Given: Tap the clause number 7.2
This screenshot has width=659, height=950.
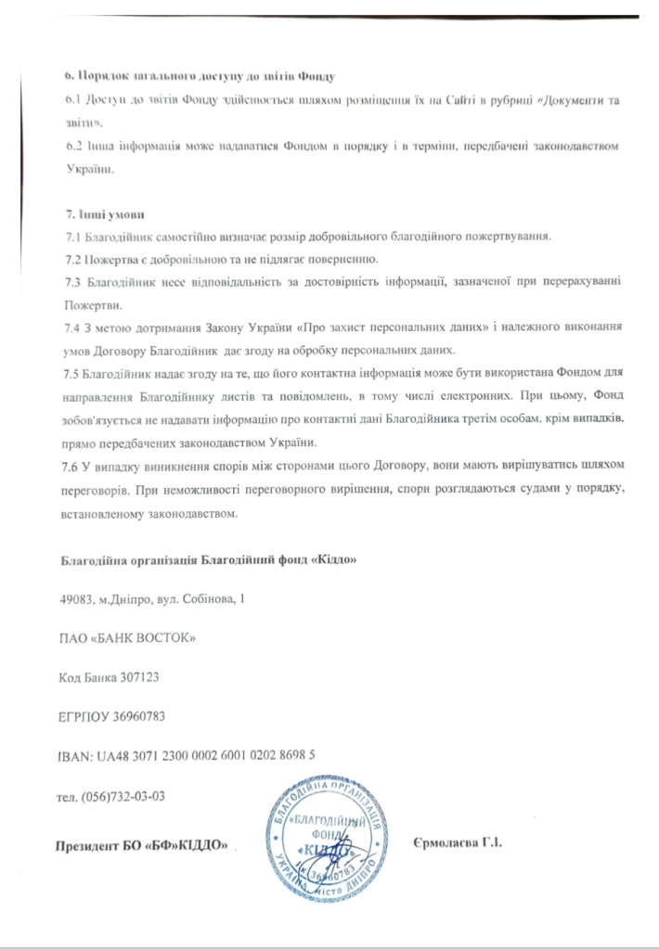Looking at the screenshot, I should coord(68,257).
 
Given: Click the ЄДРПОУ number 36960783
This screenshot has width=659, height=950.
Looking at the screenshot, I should coord(136,716).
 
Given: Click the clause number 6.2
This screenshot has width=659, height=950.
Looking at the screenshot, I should coord(67,147).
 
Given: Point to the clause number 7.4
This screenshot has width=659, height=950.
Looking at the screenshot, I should coord(68,327).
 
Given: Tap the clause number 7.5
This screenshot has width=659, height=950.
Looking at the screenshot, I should coord(68,374).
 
